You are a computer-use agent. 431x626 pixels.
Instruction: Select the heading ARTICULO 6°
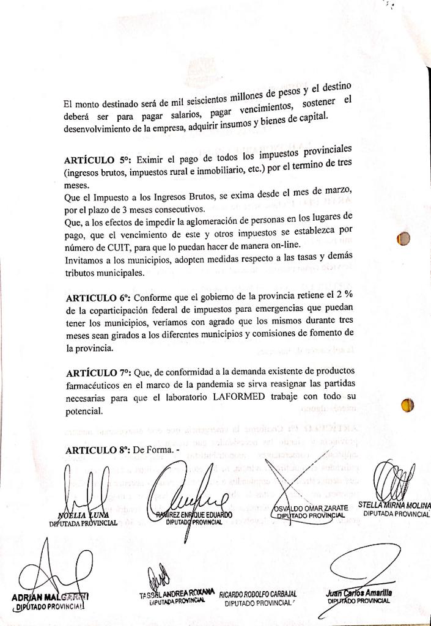(x=97, y=298)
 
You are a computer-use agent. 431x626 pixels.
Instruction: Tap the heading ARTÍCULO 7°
(x=97, y=372)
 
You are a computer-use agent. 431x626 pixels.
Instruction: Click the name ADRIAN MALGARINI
(x=50, y=596)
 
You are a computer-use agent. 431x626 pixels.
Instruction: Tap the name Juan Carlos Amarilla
(x=359, y=593)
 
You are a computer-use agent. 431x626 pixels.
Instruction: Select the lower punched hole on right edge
(x=407, y=405)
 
